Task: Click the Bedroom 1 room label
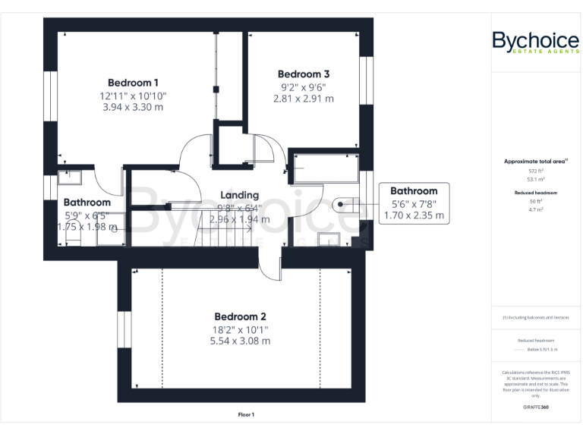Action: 133,83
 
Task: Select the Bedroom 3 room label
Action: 303,74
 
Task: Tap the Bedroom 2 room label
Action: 239,316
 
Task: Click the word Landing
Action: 239,195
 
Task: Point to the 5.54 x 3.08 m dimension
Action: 239,341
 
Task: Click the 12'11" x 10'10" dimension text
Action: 133,96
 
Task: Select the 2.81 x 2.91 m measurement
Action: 303,99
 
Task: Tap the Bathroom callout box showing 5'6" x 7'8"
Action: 414,203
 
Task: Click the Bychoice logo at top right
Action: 535,42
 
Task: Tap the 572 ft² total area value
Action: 535,171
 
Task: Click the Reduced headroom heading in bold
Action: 535,193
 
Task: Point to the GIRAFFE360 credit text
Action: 535,408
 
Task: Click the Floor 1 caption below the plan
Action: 245,414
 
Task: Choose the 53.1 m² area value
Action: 535,180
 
